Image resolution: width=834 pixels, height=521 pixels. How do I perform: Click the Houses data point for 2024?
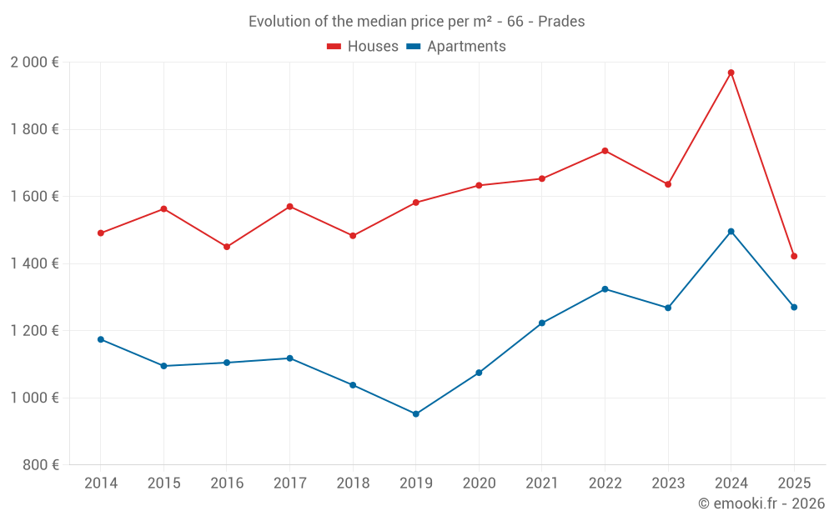click(x=731, y=73)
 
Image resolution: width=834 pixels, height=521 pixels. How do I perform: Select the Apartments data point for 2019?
click(x=415, y=413)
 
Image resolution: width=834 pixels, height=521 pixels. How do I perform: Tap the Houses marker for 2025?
click(x=794, y=256)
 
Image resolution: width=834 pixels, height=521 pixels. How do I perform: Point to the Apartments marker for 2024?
click(x=731, y=231)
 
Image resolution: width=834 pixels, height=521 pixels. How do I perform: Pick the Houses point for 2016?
click(x=227, y=247)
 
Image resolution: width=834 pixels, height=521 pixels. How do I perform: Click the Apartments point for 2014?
click(x=101, y=339)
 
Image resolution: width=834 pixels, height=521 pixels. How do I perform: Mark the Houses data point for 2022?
click(x=605, y=151)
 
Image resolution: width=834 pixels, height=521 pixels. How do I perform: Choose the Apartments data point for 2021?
click(x=541, y=323)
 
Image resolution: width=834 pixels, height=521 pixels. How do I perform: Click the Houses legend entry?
click(x=363, y=47)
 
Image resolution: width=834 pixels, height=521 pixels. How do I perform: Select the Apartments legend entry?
click(x=456, y=47)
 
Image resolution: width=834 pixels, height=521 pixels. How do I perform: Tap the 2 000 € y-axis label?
click(x=34, y=63)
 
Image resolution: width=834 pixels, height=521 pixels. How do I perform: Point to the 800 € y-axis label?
click(x=38, y=465)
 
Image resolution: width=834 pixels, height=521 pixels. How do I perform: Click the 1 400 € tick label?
click(x=34, y=263)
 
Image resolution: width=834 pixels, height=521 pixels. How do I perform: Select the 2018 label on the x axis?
click(x=353, y=483)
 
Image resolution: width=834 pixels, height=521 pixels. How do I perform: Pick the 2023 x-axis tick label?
click(x=668, y=483)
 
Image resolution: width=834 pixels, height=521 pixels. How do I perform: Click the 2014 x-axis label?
click(x=101, y=483)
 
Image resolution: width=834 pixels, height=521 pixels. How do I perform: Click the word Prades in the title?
click(x=561, y=22)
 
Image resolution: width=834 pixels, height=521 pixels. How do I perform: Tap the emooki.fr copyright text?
click(x=761, y=503)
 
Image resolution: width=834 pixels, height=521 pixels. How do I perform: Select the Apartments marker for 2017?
click(x=289, y=358)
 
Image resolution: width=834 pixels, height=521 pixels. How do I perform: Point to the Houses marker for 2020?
click(x=479, y=185)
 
